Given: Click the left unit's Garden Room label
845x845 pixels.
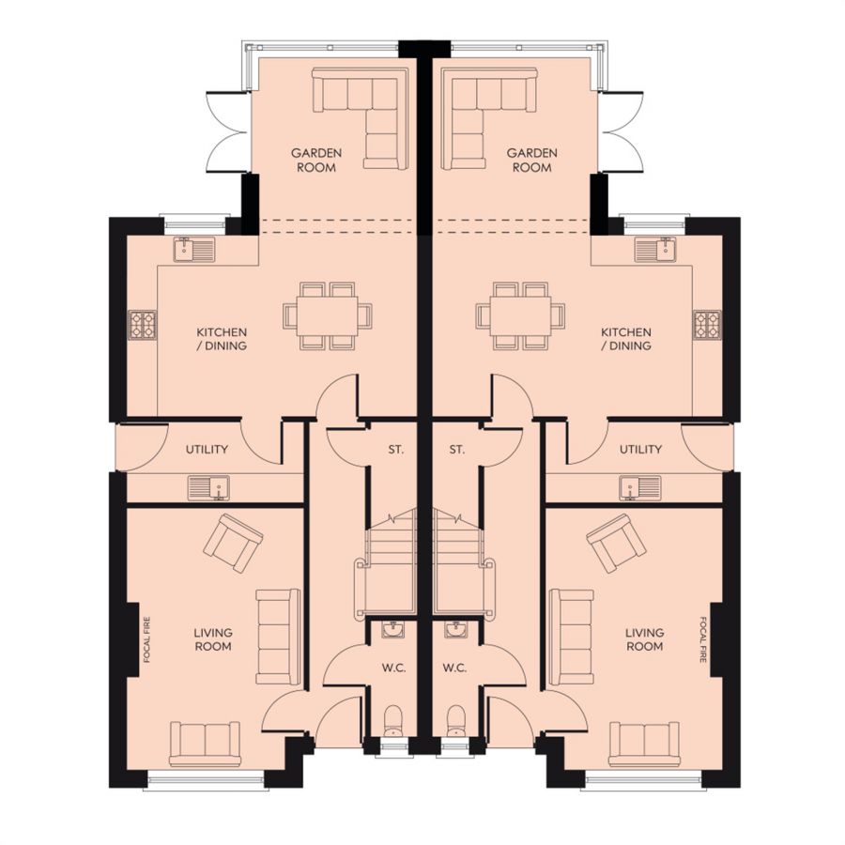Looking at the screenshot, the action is pyautogui.click(x=316, y=160).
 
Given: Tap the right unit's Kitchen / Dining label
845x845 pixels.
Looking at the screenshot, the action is pyautogui.click(x=625, y=338).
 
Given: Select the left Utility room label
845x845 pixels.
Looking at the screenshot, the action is pyautogui.click(x=207, y=449).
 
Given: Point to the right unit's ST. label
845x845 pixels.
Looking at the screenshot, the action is pyautogui.click(x=456, y=449).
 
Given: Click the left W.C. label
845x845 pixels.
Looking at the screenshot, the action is pyautogui.click(x=394, y=668).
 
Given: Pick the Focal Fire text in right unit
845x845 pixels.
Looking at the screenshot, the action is pyautogui.click(x=702, y=639).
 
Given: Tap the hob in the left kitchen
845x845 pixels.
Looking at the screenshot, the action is pyautogui.click(x=143, y=325).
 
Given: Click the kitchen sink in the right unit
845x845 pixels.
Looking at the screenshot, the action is pyautogui.click(x=654, y=250).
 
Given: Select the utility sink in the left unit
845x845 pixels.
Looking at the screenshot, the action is pyautogui.click(x=208, y=487).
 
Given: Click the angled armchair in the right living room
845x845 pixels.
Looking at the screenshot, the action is pyautogui.click(x=615, y=544).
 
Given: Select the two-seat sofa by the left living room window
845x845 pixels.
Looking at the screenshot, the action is pyautogui.click(x=205, y=744).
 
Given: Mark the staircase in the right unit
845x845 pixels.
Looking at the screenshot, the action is pyautogui.click(x=464, y=561).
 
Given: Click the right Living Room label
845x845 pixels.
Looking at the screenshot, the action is pyautogui.click(x=644, y=639).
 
